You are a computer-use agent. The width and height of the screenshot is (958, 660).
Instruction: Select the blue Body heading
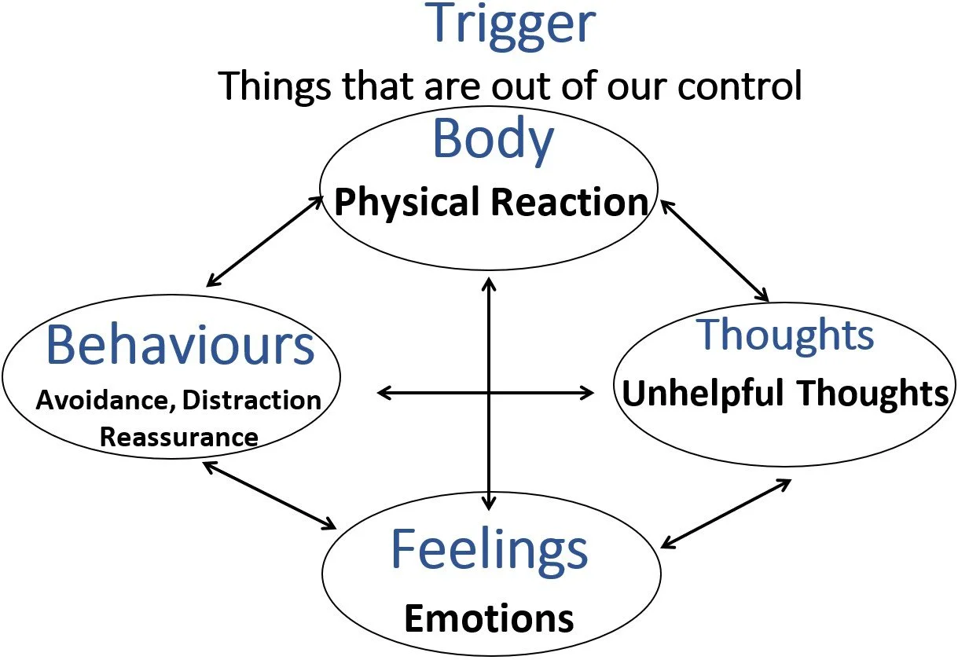[493, 139]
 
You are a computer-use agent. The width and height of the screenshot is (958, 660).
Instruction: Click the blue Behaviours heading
[181, 345]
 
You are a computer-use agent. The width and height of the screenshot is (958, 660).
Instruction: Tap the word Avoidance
[105, 401]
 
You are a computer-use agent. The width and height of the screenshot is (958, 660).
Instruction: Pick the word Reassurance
[179, 437]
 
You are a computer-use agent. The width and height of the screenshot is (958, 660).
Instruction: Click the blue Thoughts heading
[786, 335]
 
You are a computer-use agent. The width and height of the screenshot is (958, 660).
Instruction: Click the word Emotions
[489, 618]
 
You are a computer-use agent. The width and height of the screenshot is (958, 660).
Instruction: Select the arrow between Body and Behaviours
[266, 241]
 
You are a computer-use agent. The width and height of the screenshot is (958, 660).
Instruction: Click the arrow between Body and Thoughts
[714, 251]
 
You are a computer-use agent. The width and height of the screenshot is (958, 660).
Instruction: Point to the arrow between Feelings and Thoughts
[725, 514]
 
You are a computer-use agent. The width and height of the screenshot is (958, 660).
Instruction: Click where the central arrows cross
[490, 392]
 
